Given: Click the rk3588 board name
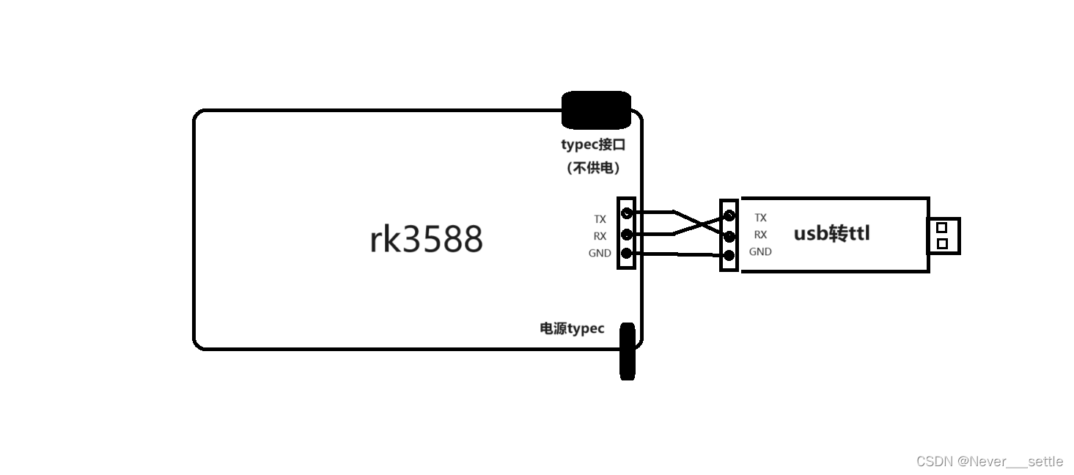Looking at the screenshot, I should pyautogui.click(x=426, y=239).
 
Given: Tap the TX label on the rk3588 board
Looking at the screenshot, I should pyautogui.click(x=600, y=219).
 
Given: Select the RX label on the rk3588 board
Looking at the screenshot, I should pyautogui.click(x=600, y=236).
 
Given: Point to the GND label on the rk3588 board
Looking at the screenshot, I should pyautogui.click(x=599, y=253).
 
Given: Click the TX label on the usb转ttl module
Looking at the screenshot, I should pyautogui.click(x=760, y=218).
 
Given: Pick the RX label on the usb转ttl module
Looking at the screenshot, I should pyautogui.click(x=760, y=235).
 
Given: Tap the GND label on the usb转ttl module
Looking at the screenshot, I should pyautogui.click(x=760, y=251).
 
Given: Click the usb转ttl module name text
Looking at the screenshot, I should pyautogui.click(x=832, y=234).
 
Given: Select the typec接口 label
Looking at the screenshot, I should pyautogui.click(x=593, y=144).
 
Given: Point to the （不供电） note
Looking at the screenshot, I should pyautogui.click(x=593, y=168).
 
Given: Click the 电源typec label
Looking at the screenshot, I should pyautogui.click(x=572, y=328).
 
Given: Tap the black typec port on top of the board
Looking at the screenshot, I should pyautogui.click(x=596, y=110).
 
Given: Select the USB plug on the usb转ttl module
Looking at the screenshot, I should pyautogui.click(x=944, y=235).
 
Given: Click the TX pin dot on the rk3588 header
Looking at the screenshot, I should pyautogui.click(x=627, y=213).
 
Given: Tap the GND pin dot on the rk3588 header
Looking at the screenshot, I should pyautogui.click(x=627, y=254).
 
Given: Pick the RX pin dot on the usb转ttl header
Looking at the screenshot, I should pyautogui.click(x=729, y=235).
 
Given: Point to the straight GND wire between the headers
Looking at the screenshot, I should pyautogui.click(x=678, y=254).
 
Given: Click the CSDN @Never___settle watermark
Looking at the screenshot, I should pyautogui.click(x=989, y=461).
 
